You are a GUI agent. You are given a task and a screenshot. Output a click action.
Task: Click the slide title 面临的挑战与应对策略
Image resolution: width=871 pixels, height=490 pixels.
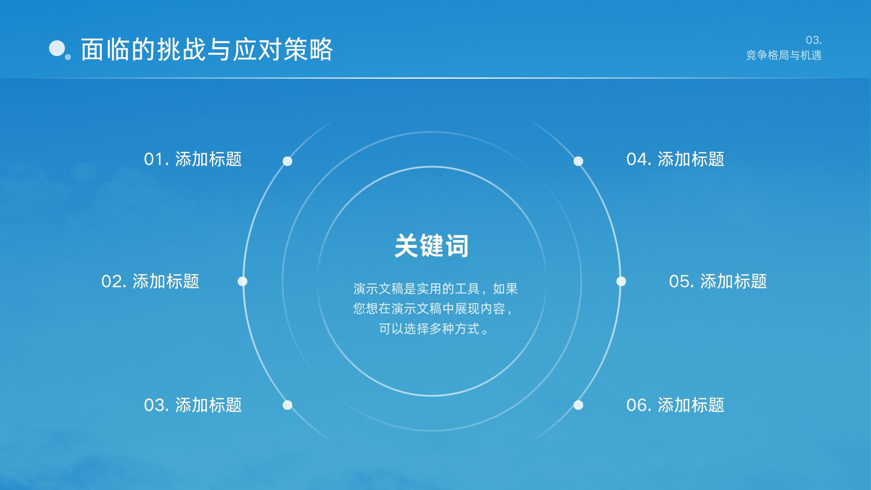206,50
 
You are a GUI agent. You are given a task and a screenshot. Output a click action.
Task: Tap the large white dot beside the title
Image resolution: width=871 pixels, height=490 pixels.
57,48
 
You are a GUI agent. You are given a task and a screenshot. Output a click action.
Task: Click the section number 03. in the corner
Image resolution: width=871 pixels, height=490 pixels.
813,40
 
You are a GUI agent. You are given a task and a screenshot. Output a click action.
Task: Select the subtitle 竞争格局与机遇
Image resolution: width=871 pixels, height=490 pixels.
783,55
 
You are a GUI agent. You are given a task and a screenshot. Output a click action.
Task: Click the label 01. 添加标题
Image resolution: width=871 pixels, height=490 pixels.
193,159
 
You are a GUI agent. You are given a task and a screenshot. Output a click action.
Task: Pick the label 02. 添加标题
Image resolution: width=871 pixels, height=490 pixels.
150,281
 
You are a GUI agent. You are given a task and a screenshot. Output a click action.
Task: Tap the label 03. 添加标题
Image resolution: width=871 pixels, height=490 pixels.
193,405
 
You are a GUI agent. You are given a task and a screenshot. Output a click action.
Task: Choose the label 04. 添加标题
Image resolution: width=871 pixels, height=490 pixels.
675,159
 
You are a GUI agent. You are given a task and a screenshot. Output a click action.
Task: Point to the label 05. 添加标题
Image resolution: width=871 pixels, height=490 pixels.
718,281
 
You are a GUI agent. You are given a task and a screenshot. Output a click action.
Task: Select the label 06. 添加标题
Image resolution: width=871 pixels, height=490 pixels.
675,405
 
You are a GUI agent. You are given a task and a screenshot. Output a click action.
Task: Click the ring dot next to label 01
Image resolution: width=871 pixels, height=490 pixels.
287,161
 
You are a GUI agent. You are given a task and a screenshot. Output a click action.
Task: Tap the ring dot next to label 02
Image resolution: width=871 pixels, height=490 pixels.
242,281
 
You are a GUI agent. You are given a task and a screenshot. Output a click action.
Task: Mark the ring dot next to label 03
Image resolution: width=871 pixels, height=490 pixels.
287,405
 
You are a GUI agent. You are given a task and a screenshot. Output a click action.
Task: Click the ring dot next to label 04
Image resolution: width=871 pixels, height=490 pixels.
578,161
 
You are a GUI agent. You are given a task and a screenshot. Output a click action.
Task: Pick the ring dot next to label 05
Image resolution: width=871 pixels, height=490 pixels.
621,281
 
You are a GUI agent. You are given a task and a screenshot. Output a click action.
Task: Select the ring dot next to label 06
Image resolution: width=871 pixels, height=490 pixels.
578,405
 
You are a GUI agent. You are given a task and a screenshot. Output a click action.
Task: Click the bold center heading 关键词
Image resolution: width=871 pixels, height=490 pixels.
432,246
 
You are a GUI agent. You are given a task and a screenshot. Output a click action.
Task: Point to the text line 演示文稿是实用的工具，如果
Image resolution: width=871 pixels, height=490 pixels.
436,289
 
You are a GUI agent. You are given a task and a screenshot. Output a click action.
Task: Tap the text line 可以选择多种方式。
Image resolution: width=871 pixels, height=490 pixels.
433,329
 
